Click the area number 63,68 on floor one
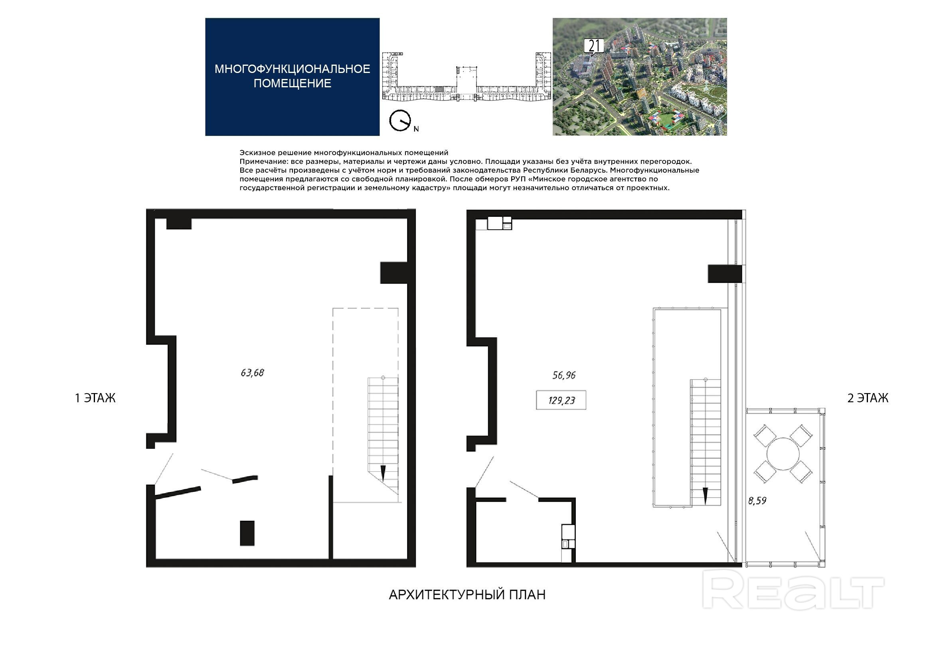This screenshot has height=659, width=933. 252,373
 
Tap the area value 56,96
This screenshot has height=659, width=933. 563,375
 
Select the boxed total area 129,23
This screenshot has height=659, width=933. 561,400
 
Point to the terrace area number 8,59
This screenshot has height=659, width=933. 757,501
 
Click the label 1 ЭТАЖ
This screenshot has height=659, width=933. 95,398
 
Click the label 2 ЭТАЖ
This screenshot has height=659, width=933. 868,398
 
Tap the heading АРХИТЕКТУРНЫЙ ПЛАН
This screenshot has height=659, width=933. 467,594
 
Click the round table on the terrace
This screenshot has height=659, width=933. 783,454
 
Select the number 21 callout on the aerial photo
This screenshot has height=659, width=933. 594,46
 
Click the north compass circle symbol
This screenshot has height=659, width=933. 400,120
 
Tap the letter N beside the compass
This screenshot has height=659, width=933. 416,129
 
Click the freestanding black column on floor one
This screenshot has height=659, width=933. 247,533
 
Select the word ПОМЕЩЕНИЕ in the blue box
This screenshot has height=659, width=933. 293,83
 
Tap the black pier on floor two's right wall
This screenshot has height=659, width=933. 725,273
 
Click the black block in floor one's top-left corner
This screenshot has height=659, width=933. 179,224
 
